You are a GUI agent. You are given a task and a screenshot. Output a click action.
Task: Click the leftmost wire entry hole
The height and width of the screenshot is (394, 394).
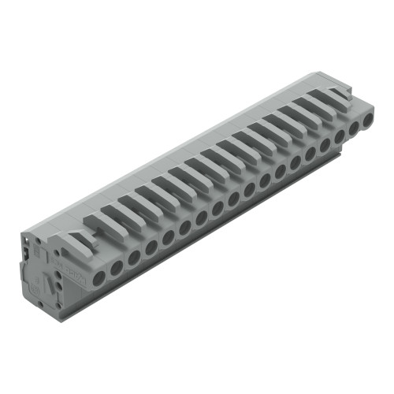click(99, 277)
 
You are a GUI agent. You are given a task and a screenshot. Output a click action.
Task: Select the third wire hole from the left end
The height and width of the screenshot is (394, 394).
click(134, 258)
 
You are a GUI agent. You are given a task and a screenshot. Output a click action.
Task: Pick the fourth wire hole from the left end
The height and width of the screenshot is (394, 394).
click(151, 247)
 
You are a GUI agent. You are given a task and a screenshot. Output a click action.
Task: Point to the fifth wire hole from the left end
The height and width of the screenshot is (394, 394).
click(168, 237)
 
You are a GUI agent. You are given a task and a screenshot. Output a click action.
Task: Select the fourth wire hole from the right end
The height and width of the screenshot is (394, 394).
click(324, 144)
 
